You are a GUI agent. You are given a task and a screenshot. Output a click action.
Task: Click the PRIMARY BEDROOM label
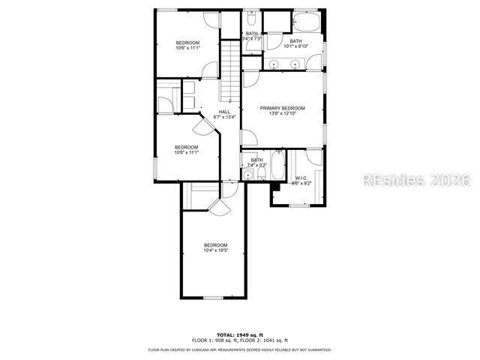pos(283,108)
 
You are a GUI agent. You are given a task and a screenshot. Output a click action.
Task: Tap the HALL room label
pos(224,112)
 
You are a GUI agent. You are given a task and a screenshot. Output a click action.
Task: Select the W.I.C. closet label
pos(300,178)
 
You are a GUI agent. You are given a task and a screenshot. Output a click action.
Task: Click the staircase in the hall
pos(229,71)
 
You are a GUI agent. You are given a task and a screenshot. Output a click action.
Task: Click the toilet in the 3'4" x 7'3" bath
pos(252,18)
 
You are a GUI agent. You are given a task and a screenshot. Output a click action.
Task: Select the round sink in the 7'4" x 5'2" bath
pos(247,175)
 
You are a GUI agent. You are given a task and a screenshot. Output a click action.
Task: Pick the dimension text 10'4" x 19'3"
pos(216,250)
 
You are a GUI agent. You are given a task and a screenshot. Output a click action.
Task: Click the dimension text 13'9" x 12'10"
pos(283,113)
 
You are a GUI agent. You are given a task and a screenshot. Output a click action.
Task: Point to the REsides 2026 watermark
pos(416,180)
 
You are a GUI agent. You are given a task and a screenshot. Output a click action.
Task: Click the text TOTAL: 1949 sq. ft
pos(240,334)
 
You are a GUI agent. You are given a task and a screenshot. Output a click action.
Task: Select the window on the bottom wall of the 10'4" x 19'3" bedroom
pos(214,298)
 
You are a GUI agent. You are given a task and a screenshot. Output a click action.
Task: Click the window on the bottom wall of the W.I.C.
pos(300,205)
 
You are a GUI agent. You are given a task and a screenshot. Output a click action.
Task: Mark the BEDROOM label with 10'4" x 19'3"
pos(216,245)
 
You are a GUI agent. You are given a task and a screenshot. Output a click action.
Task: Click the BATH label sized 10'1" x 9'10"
pos(295,40)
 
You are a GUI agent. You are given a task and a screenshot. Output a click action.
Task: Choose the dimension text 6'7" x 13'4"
pos(224,117)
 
